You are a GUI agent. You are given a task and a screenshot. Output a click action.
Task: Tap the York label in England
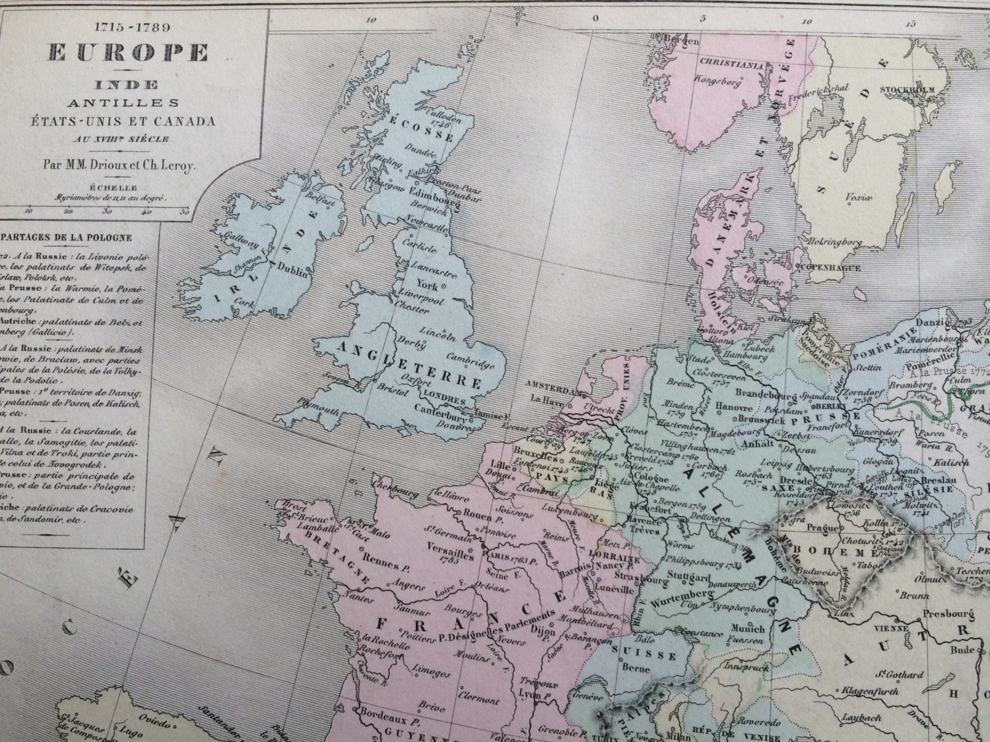click(x=428, y=286)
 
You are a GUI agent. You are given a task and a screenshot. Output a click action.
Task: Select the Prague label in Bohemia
click(x=820, y=528)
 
